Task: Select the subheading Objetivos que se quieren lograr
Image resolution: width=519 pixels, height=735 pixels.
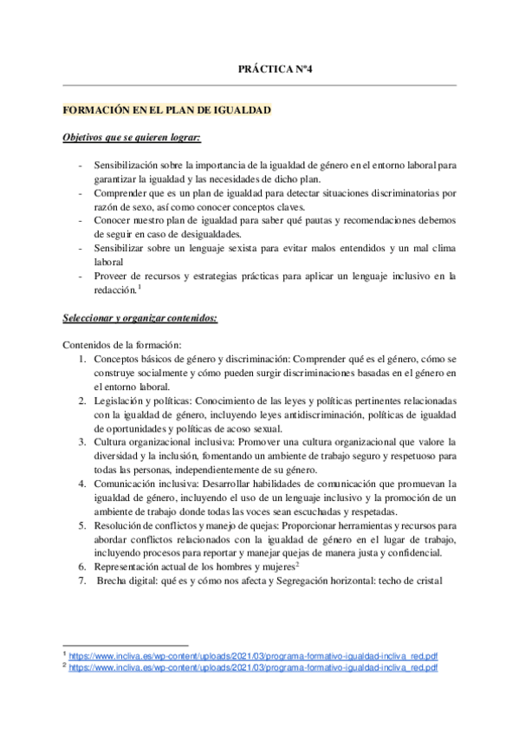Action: click(132, 138)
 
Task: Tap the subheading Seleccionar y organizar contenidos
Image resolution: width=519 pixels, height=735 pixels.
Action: click(141, 317)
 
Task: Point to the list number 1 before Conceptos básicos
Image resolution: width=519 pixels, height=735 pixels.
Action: click(81, 358)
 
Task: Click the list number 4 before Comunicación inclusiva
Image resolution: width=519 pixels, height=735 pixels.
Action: click(81, 484)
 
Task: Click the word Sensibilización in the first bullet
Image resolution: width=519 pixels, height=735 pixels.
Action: click(127, 164)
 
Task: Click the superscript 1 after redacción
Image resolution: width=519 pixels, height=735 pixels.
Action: click(139, 287)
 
